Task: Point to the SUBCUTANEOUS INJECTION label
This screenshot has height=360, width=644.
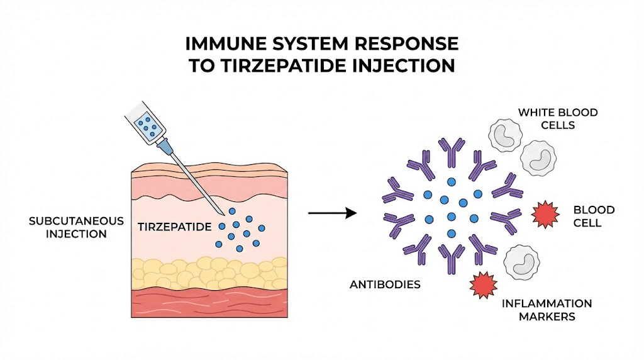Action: [x=68, y=227]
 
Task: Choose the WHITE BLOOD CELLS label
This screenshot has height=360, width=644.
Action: [x=557, y=118]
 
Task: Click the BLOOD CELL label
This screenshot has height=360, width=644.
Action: [x=594, y=216]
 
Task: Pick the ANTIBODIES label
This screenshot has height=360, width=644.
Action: [x=385, y=284]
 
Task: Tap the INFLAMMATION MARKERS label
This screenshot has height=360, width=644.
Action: [x=546, y=310]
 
